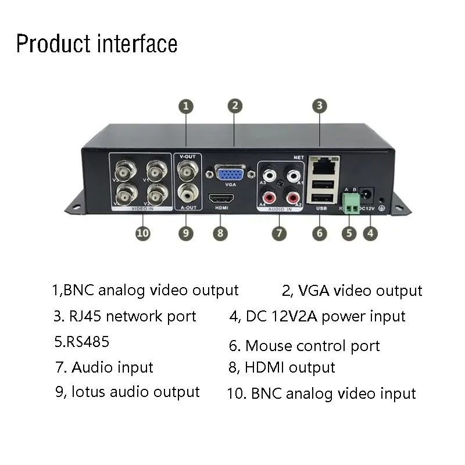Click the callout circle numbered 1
click(x=185, y=106)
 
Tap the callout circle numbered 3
click(x=319, y=106)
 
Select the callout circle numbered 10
click(x=142, y=233)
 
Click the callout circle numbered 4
click(x=370, y=233)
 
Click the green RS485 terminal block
click(x=350, y=202)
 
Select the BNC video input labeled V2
click(x=156, y=192)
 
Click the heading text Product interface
click(x=96, y=44)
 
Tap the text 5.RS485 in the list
click(x=81, y=342)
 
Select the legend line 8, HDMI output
click(x=282, y=367)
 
